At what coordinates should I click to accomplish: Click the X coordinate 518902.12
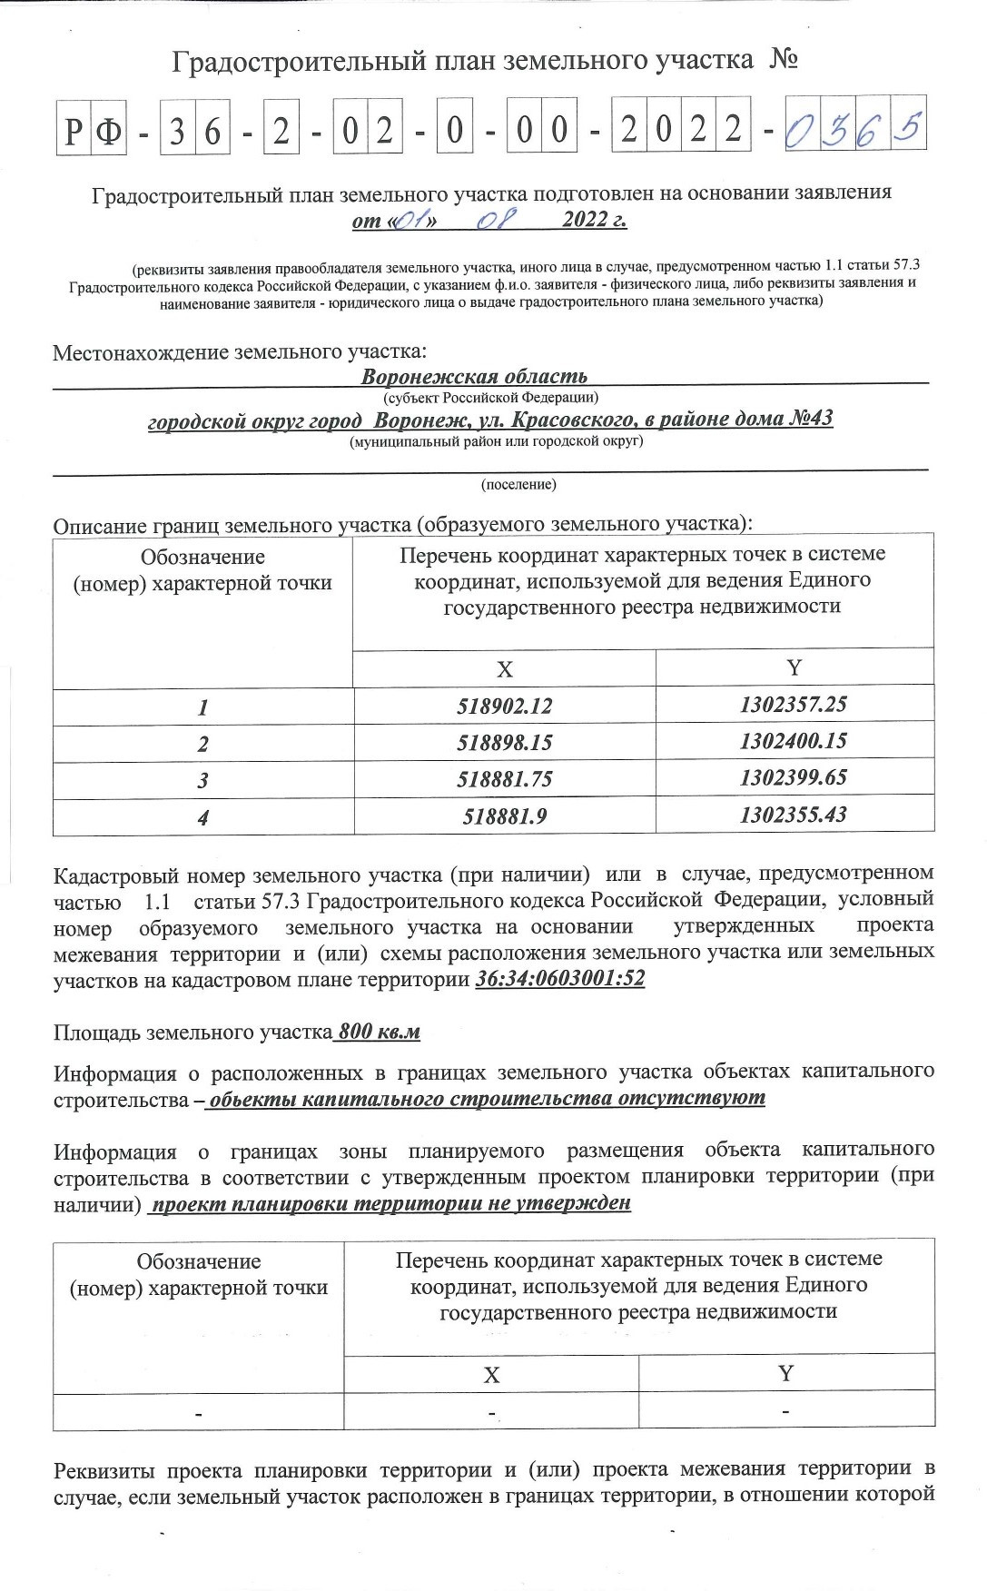tap(507, 707)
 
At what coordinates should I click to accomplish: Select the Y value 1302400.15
tap(793, 741)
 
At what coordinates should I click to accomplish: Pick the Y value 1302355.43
tap(793, 815)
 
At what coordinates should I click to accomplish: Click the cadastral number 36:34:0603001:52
tap(559, 980)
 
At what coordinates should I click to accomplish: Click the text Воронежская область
tap(474, 376)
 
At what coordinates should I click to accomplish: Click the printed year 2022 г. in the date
tap(594, 220)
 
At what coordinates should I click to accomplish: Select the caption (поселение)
tap(518, 485)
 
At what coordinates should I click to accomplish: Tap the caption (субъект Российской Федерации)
tap(490, 397)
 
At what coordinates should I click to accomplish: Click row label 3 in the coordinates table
tap(203, 780)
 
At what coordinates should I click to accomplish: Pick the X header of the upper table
tap(505, 669)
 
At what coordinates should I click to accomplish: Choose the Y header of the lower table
tap(786, 1373)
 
